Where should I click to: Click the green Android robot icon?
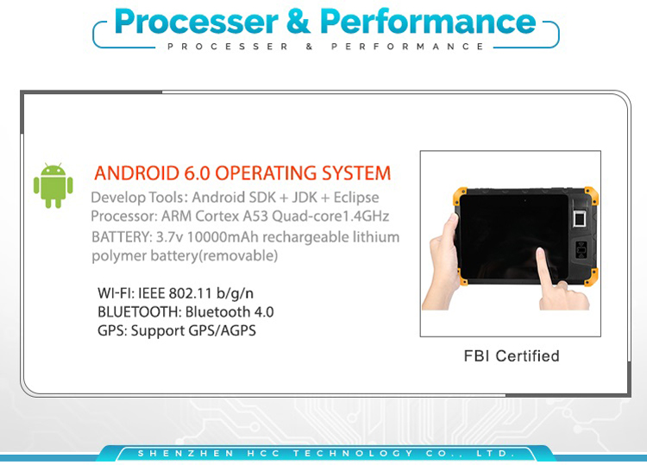coord(53,185)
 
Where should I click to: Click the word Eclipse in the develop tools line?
coord(356,198)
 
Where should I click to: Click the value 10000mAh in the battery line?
coord(223,237)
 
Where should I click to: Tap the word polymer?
coord(118,256)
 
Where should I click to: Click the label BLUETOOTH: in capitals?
coord(140,312)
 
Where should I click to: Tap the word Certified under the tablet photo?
coord(527,355)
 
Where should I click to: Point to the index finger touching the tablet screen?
coord(545,268)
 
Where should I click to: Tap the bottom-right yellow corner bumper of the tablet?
coord(592,276)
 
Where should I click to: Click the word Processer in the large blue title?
coord(197,22)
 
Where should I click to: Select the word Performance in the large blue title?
coord(428,22)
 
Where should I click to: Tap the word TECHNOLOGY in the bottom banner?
coord(353,454)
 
